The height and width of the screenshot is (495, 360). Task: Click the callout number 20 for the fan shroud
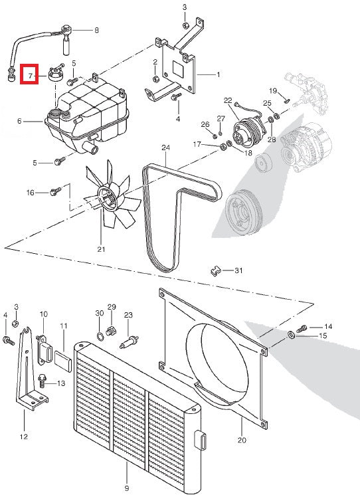241,440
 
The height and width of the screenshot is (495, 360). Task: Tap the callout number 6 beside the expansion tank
19,122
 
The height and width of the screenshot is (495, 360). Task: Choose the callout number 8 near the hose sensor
96,30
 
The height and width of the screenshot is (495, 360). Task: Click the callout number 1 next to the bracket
218,74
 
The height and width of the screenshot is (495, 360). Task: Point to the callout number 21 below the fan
101,250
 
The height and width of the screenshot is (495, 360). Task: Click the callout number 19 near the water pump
272,90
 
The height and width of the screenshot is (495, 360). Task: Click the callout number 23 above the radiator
128,314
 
